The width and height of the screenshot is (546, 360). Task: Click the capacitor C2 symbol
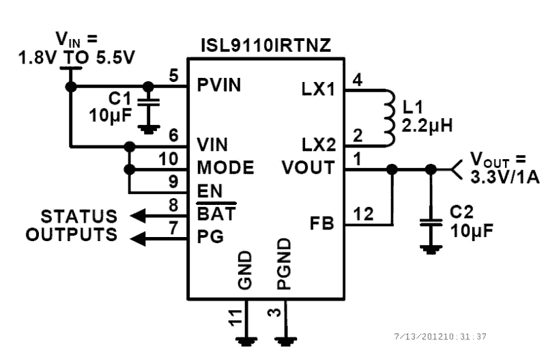[x=429, y=222]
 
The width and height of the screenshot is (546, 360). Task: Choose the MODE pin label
[x=225, y=168]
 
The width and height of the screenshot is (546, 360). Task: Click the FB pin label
[x=322, y=223]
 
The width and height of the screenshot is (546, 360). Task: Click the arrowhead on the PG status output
[x=137, y=238]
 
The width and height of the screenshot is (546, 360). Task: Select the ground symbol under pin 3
[x=284, y=340]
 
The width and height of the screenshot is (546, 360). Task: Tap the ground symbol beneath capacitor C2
[x=429, y=249]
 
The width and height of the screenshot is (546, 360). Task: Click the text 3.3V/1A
[x=504, y=178]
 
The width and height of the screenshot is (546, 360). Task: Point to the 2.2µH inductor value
[x=427, y=126]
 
